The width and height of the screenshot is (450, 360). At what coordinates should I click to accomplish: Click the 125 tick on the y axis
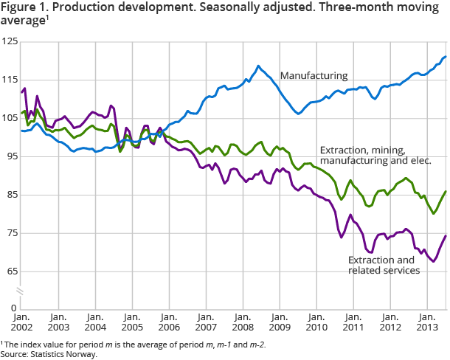pyautogui.click(x=9, y=42)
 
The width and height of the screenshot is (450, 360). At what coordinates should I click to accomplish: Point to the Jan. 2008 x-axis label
pyautogui.click(x=243, y=321)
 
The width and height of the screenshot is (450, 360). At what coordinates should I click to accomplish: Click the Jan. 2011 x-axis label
pyautogui.click(x=353, y=321)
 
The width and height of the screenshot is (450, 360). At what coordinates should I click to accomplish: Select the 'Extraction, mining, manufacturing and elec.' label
pyautogui.click(x=375, y=153)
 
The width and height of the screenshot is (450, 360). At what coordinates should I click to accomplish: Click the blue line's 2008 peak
pyautogui.click(x=258, y=66)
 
